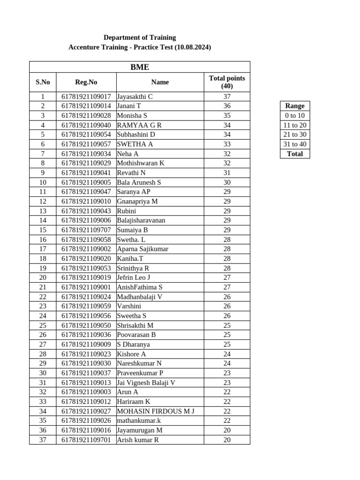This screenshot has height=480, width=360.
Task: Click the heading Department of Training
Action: [x=140, y=37]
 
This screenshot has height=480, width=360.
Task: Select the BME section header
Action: [x=140, y=67]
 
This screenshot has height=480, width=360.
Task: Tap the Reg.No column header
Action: [x=86, y=82]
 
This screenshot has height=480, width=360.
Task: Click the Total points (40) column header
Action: [x=227, y=82]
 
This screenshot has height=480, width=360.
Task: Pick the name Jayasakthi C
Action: [x=135, y=97]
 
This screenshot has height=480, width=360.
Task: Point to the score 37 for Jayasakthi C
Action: [x=227, y=97]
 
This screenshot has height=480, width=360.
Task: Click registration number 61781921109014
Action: [x=86, y=106]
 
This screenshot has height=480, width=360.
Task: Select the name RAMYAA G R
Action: [x=139, y=125]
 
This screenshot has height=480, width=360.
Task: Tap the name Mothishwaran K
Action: [x=141, y=163]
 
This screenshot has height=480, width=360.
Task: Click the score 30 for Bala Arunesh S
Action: [x=227, y=182]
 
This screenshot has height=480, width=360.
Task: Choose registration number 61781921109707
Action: [x=86, y=230]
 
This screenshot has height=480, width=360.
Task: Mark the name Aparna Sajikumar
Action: [x=142, y=249]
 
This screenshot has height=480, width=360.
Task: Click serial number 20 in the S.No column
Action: [x=43, y=277]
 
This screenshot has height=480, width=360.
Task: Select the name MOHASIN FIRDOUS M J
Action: [x=156, y=411]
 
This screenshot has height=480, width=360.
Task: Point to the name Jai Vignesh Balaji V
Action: [x=146, y=382]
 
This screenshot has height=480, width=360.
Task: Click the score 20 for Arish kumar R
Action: [x=227, y=440]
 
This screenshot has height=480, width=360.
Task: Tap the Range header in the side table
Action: [x=295, y=106]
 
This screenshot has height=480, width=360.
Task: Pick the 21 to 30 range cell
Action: [x=295, y=135]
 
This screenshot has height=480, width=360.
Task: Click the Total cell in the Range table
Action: [x=295, y=154]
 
